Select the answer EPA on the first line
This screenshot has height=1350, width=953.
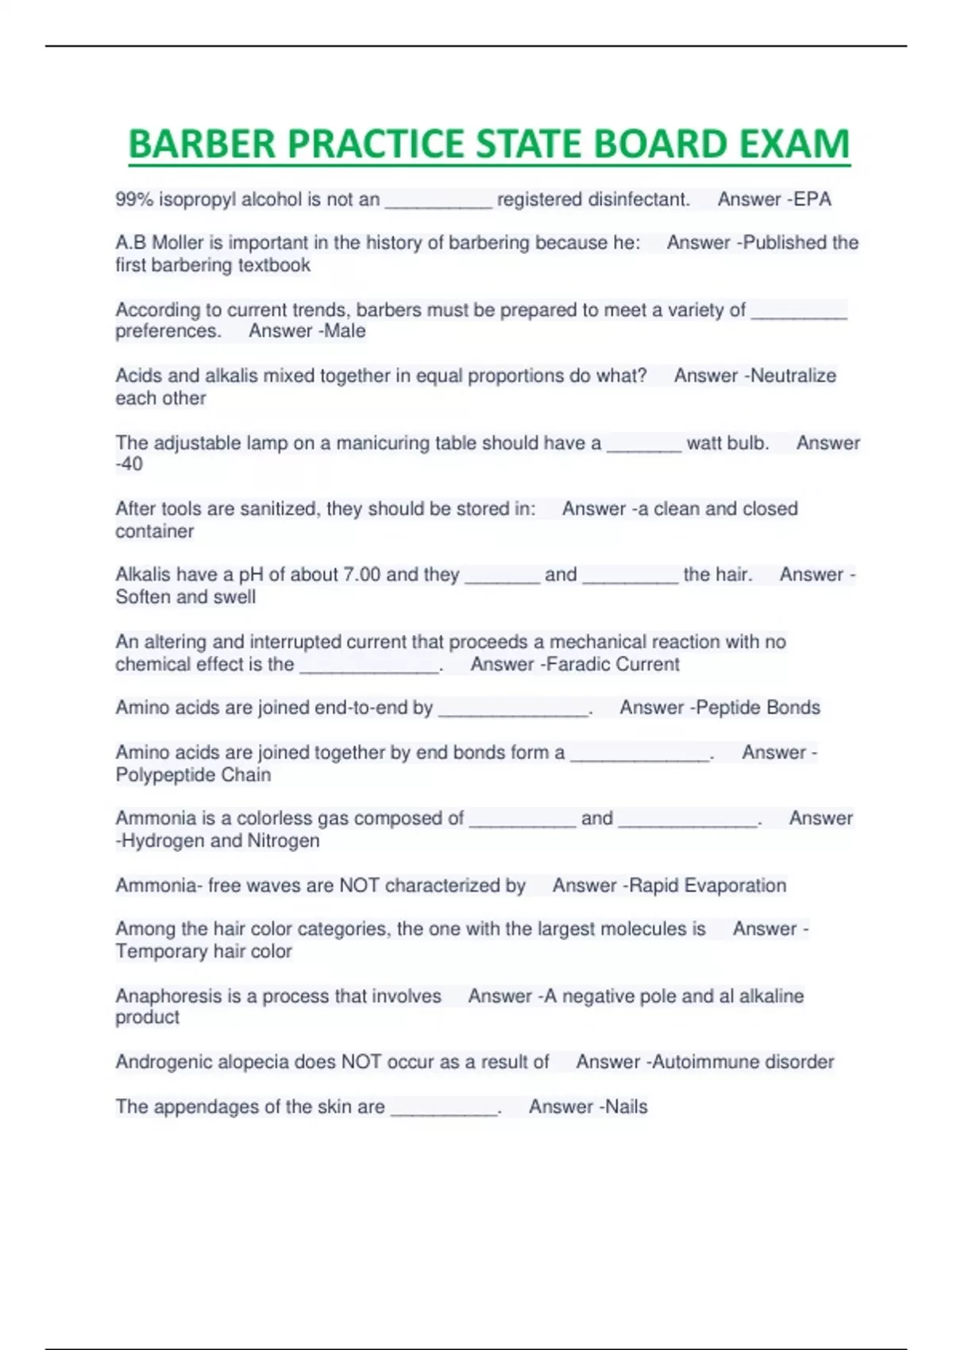(812, 199)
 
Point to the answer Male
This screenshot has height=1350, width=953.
(345, 331)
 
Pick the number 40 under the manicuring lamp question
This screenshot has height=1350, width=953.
(132, 465)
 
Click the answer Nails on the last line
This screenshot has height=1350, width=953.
(627, 1107)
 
